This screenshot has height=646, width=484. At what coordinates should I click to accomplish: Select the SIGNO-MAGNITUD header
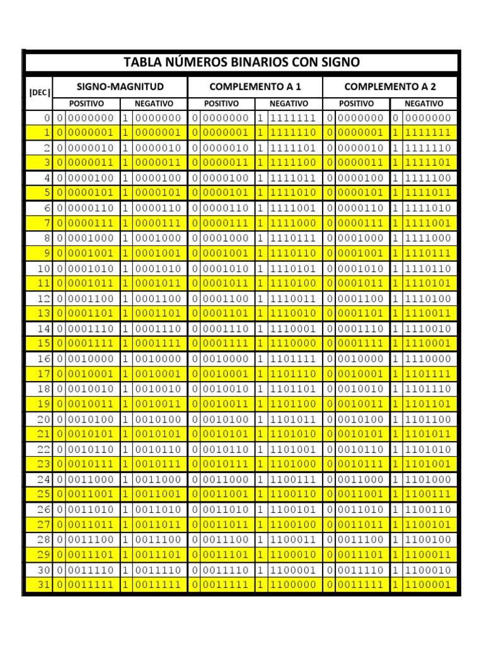click(120, 86)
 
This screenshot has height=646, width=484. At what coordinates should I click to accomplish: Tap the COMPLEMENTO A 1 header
click(255, 86)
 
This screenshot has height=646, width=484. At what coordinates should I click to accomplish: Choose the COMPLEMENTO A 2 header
click(390, 86)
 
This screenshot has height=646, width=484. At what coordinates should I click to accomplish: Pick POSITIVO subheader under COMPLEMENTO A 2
click(357, 103)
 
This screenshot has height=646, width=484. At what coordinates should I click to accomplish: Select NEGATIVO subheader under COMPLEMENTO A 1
click(289, 103)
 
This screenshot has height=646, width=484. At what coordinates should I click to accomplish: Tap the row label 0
click(46, 118)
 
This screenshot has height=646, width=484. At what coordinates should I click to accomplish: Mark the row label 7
click(46, 223)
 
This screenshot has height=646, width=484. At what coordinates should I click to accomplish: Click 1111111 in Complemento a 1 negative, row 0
click(292, 118)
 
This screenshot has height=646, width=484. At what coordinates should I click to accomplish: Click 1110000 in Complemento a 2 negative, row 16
click(428, 359)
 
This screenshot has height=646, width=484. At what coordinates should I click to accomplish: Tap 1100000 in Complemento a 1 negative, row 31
click(292, 585)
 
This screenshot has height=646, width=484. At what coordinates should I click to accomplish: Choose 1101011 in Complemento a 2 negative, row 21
click(428, 434)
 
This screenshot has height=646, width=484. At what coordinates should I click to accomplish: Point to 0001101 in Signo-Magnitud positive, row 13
click(91, 314)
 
